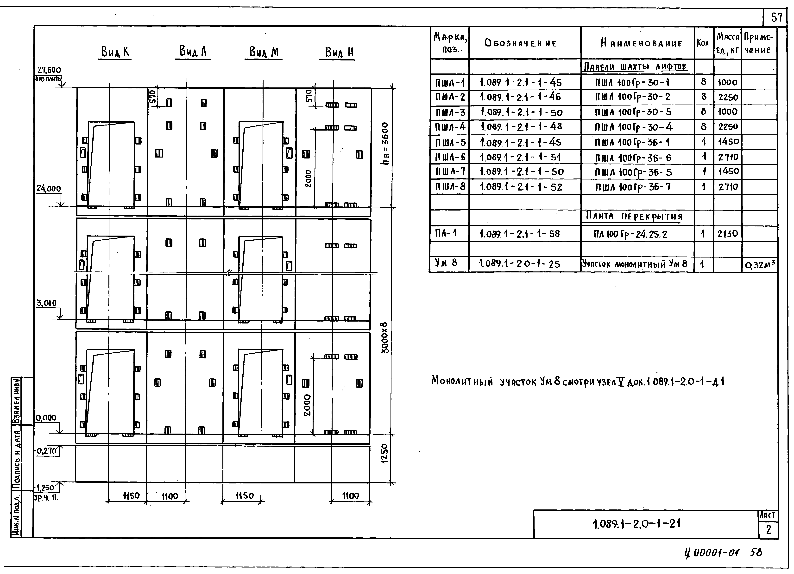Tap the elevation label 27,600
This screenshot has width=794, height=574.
coord(49,70)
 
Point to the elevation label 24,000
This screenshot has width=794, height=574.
coord(49,189)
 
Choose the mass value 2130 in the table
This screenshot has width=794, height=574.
coord(727,234)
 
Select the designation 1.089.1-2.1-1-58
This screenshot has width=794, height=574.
coord(520,234)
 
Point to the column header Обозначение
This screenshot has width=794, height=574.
coord(520,43)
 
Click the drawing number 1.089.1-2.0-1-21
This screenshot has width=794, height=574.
coord(636,524)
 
